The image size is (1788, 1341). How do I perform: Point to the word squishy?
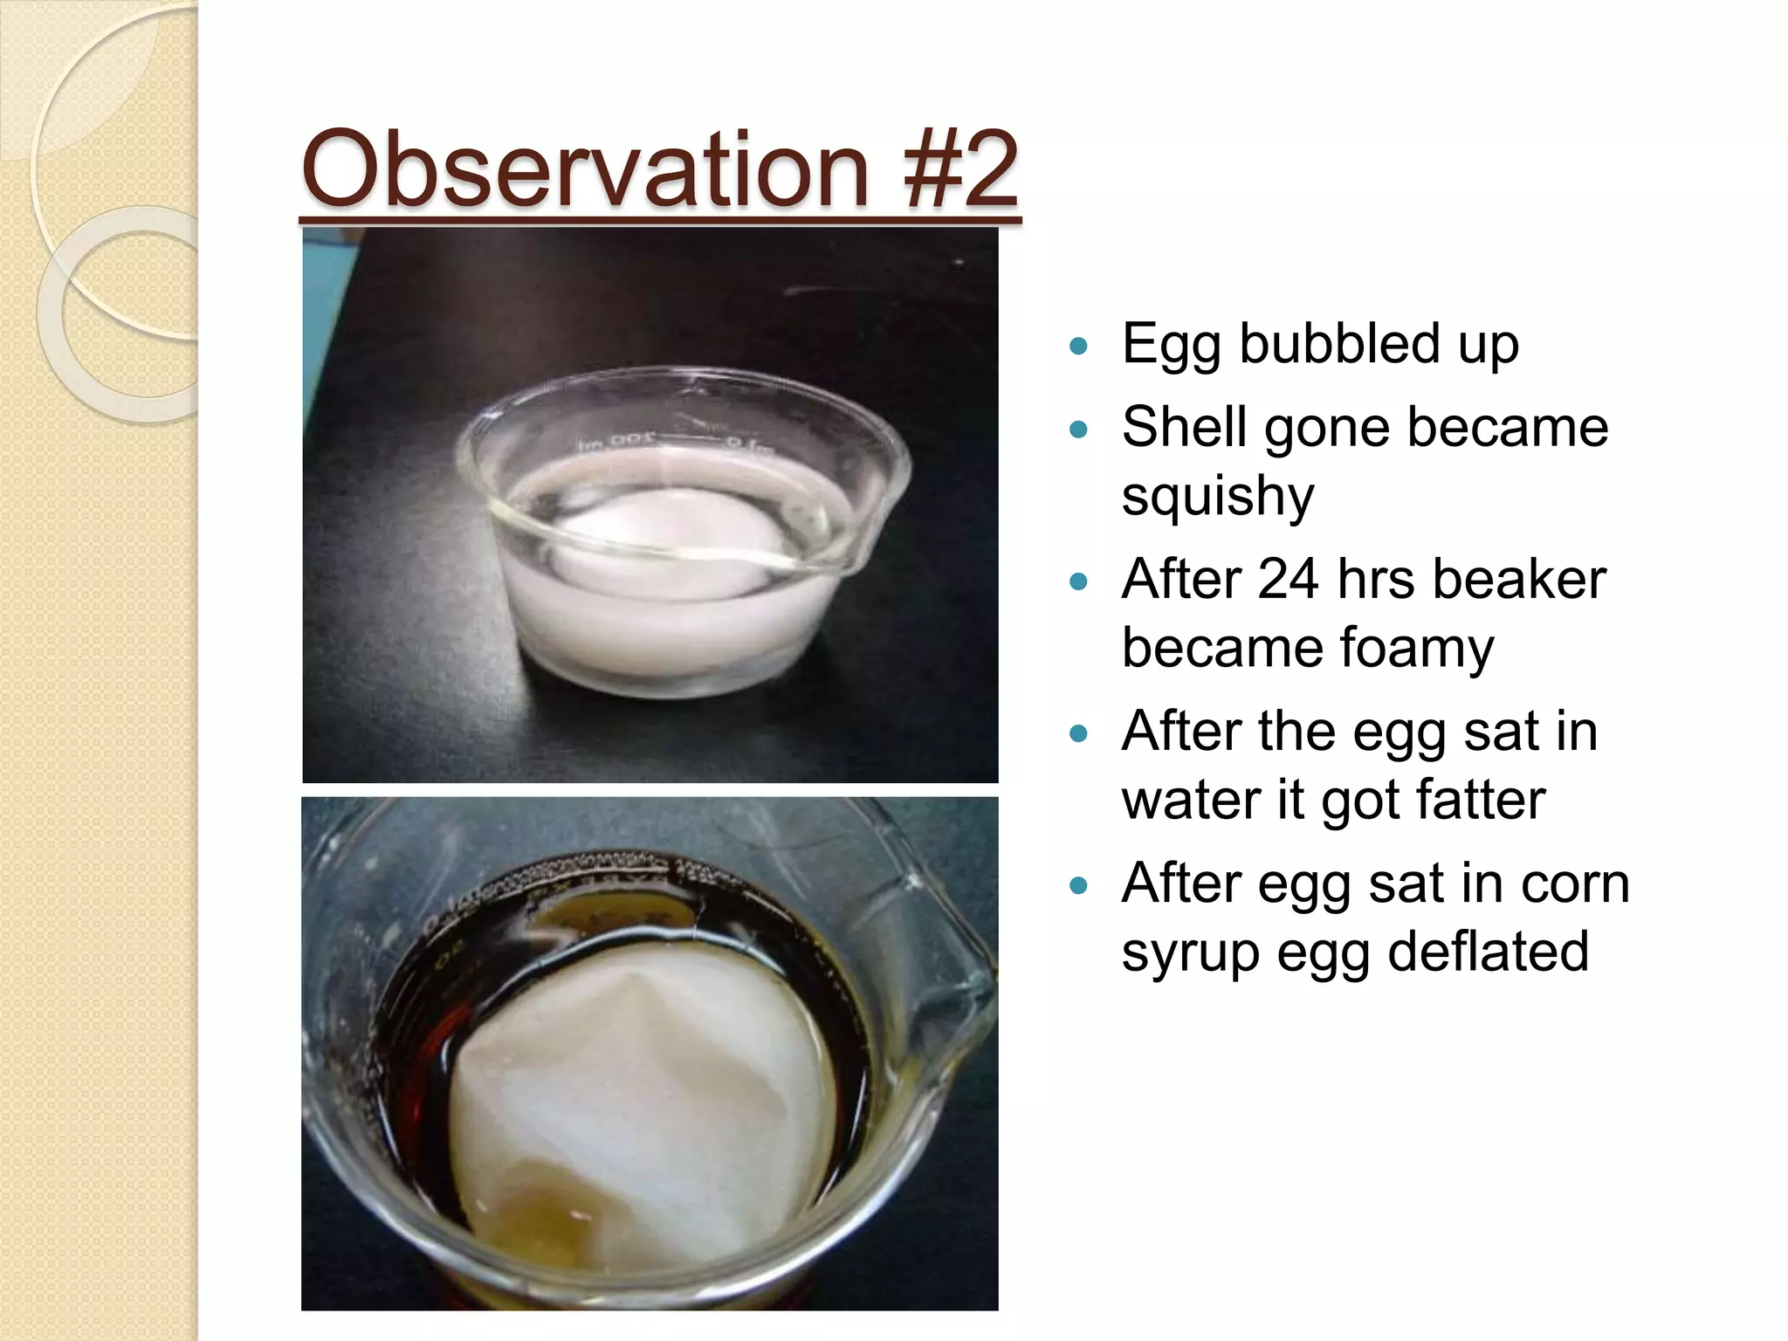tap(1217, 497)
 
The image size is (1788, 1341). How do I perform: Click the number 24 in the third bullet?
tap(1288, 579)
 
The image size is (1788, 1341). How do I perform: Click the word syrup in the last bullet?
tap(1190, 952)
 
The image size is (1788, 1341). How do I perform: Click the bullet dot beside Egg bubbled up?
tap(1079, 347)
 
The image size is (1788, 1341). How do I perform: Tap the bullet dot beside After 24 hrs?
tap(1079, 581)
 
